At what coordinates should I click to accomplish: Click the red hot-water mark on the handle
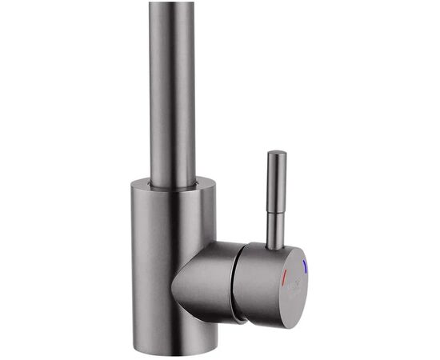pyautogui.click(x=284, y=276)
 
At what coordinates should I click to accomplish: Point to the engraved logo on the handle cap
pyautogui.click(x=295, y=282)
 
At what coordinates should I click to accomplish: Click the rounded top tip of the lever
pyautogui.click(x=277, y=153)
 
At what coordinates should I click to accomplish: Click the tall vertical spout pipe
pyautogui.click(x=171, y=88)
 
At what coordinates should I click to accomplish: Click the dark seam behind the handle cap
pyautogui.click(x=238, y=284)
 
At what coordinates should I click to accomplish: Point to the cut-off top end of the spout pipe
pyautogui.click(x=171, y=3)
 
